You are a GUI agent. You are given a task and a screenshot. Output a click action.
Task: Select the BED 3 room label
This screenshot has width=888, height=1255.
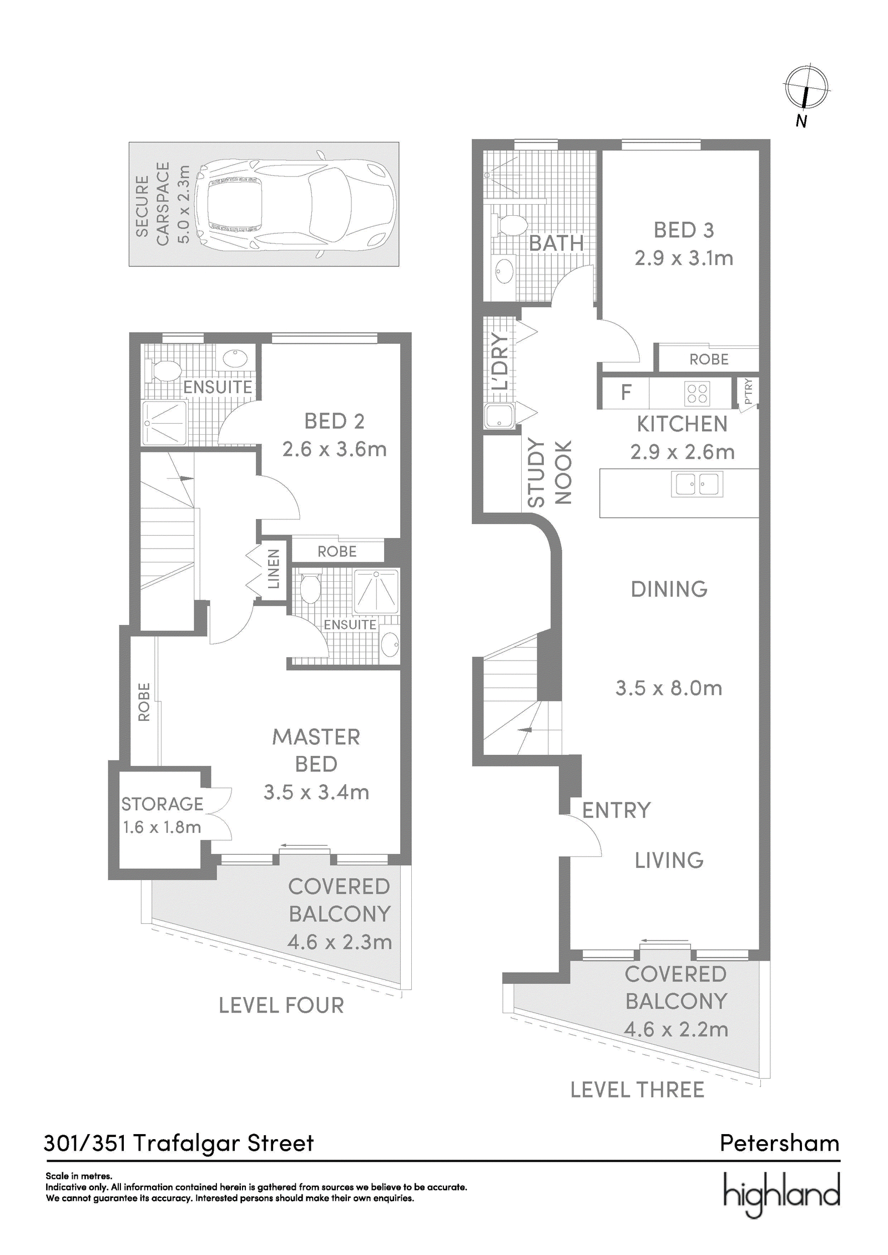pos(684,230)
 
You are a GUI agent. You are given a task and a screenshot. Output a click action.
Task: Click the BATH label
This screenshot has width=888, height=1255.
pos(556,243)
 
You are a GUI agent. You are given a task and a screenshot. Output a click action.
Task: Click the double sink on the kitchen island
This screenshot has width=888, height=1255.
pos(697,484)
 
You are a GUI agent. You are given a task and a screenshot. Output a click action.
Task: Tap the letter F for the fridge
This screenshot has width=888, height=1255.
pos(626,393)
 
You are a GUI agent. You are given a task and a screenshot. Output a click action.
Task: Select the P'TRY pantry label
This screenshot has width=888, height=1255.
pos(748,391)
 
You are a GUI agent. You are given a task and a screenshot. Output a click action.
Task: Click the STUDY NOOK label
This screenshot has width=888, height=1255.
pos(549,472)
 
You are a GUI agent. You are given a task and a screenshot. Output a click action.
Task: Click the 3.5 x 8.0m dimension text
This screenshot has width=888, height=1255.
pos(669,688)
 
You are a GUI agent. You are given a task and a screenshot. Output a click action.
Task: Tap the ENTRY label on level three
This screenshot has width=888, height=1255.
pos(616,811)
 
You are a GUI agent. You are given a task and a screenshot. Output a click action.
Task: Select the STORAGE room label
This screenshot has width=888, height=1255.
pos(162,804)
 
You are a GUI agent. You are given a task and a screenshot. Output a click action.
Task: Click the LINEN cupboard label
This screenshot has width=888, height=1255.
pos(274,569)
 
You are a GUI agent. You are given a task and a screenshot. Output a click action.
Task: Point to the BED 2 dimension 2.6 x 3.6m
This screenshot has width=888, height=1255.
pos(335,449)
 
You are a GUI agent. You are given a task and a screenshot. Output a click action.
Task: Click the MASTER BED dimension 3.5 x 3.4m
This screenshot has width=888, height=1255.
pos(316,792)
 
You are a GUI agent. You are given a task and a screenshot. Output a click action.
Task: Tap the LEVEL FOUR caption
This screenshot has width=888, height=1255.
pos(281,1005)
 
